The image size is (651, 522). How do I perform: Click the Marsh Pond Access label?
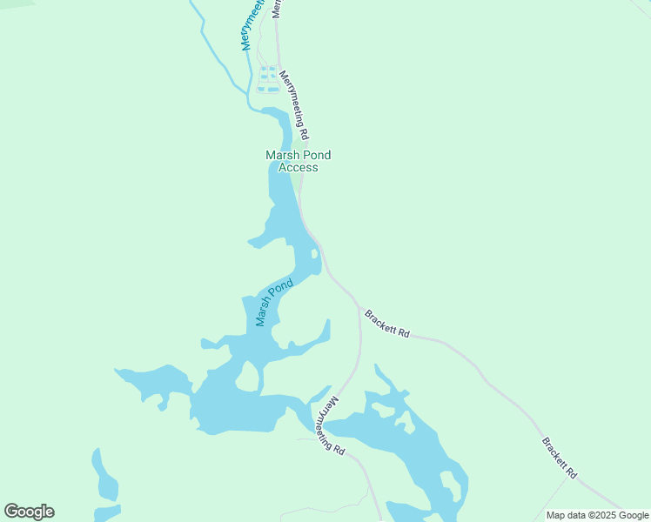[x=298, y=161]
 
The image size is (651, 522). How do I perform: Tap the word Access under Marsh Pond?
[x=298, y=167]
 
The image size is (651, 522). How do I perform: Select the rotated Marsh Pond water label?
[x=274, y=302]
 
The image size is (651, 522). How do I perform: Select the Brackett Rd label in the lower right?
[x=560, y=458]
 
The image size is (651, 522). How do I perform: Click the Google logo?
[x=29, y=512]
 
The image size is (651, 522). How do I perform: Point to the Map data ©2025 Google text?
[x=597, y=515]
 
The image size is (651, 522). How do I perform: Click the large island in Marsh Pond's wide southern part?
[x=248, y=377]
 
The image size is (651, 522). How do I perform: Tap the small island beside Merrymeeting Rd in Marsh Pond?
[x=313, y=255]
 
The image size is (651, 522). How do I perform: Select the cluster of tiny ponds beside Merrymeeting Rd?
[x=268, y=78]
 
